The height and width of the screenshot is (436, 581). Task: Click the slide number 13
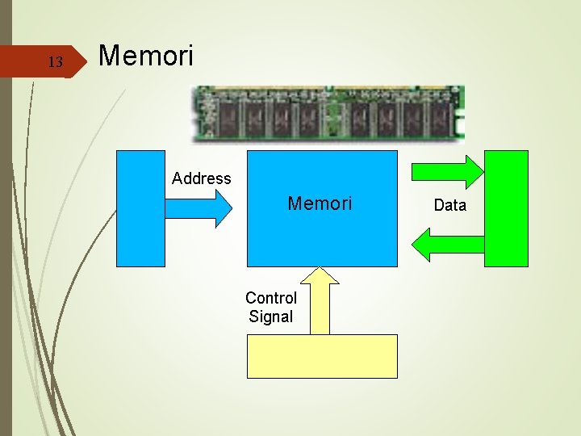pos(55,62)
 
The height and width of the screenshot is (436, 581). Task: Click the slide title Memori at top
pos(145,56)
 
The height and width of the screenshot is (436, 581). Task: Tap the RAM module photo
pos(327,113)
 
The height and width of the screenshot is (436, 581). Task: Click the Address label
pos(202,178)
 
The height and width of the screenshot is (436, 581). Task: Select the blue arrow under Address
pos(194,208)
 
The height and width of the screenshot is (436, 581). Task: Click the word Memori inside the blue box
pos(320,203)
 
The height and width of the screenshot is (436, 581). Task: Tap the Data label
pos(449,205)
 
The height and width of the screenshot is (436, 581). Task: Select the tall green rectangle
pos(506,208)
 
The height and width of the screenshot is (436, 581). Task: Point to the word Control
pos(271,298)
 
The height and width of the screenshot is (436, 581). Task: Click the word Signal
pos(271,317)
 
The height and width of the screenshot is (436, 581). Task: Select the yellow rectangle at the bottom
pos(321,356)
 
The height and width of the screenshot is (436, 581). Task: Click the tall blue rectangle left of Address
pos(140,208)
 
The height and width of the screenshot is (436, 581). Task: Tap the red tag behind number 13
pos(40,62)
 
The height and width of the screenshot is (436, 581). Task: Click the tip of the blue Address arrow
pos(231,208)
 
